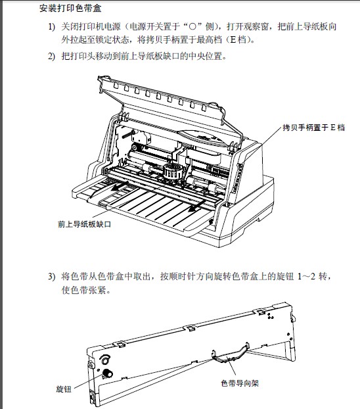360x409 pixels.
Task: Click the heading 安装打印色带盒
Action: (70, 9)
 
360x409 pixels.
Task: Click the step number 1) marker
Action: (52, 27)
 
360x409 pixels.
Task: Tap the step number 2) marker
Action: (52, 57)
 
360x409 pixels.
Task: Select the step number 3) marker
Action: (52, 276)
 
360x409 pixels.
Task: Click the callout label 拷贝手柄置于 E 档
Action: (313, 128)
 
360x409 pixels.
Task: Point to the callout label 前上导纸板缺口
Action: (85, 224)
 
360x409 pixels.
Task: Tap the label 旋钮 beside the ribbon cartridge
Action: (64, 389)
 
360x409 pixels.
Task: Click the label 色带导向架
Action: (240, 383)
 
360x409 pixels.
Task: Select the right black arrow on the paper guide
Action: (196, 206)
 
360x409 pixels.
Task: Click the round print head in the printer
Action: (171, 172)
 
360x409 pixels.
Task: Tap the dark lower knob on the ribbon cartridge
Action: (107, 373)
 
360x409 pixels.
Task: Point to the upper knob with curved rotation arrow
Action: (105, 360)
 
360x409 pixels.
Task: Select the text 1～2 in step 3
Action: (307, 276)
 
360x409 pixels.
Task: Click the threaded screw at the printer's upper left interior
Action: (127, 134)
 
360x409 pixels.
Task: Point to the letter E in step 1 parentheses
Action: (233, 40)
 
